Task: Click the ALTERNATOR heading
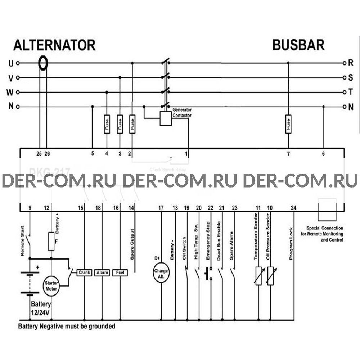[54, 45]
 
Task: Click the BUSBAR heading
[298, 45]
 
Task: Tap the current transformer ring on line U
[43, 63]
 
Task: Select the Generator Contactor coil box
[166, 118]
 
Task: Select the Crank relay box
[84, 273]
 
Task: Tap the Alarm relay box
[102, 273]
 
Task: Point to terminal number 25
[39, 154]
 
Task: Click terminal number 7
[288, 154]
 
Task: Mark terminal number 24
[294, 207]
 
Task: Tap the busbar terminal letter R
[351, 63]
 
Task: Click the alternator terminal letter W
[10, 92]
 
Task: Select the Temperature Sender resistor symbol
[258, 276]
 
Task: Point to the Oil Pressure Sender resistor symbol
[270, 276]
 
